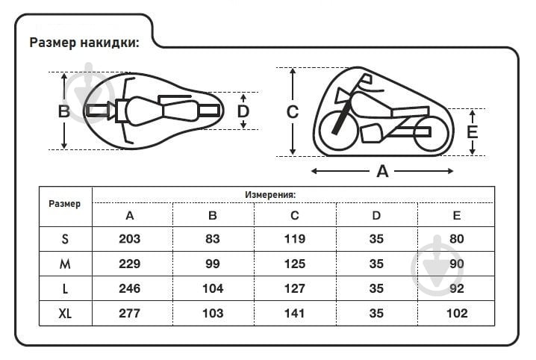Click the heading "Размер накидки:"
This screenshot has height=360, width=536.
[x=84, y=43]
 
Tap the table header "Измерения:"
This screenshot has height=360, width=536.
[x=270, y=194]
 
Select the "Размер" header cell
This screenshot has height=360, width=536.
[x=65, y=204]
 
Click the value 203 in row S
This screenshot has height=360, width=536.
[x=130, y=240]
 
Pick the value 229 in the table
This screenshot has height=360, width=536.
[x=130, y=264]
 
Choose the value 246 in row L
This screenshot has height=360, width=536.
[x=130, y=288]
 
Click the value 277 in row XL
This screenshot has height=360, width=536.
[x=130, y=313]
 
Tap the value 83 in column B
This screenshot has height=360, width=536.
[x=213, y=240]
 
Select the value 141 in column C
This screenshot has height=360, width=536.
[x=295, y=313]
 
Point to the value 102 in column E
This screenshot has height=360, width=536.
[x=456, y=313]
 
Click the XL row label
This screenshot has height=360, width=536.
[x=66, y=313]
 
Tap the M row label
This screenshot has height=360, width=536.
[x=66, y=264]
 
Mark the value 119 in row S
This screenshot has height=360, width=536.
[x=295, y=240]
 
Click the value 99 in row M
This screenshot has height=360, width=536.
[x=213, y=264]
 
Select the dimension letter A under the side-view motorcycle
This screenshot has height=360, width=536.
[x=382, y=172]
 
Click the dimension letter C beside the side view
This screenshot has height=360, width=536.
[x=293, y=112]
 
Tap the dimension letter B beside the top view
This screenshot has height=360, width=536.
[x=64, y=111]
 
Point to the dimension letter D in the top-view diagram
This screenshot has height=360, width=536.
[x=243, y=111]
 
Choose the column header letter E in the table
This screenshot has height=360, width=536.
[x=456, y=216]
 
